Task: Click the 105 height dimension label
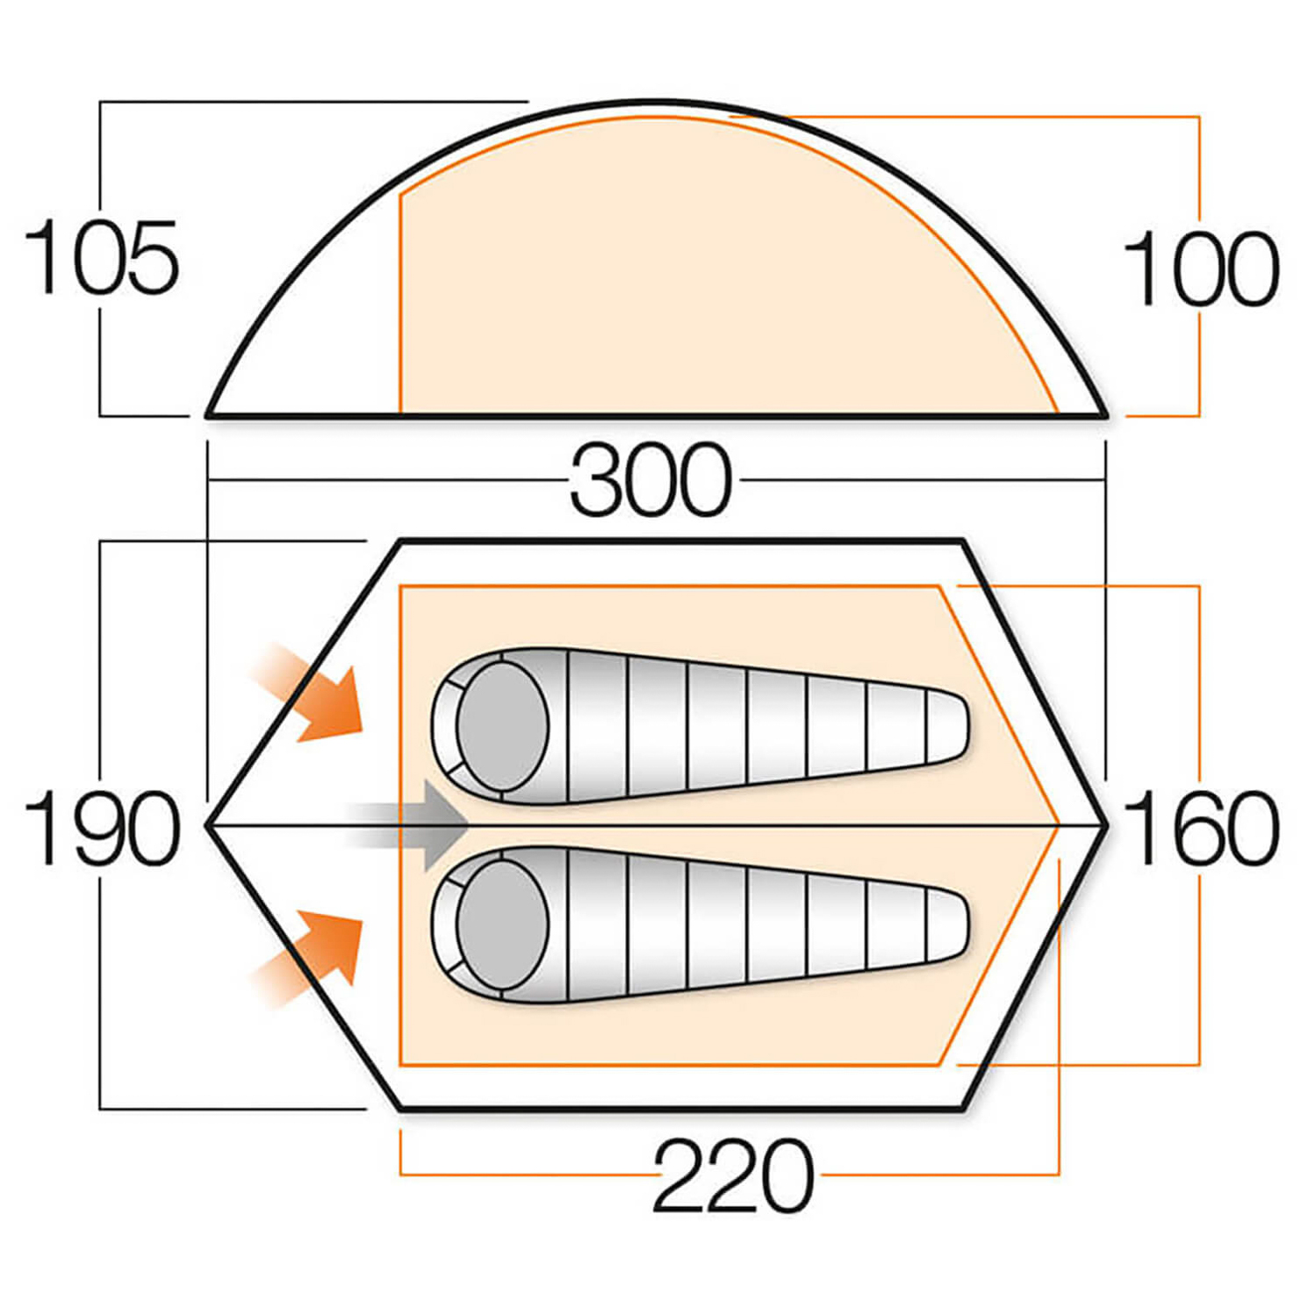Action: point(101,258)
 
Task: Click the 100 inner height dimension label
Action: point(1200,269)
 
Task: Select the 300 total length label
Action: point(650,481)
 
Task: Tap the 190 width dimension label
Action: point(101,827)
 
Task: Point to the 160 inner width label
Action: point(1200,827)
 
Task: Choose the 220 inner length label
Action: point(732,1175)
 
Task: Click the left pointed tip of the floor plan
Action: point(208,825)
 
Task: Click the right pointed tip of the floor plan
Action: point(1106,825)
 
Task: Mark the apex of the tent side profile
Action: point(654,103)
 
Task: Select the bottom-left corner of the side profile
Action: point(208,414)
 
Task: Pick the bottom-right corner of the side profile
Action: point(1105,414)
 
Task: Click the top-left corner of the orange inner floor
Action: point(400,586)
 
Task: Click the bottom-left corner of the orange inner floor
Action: point(400,1065)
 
